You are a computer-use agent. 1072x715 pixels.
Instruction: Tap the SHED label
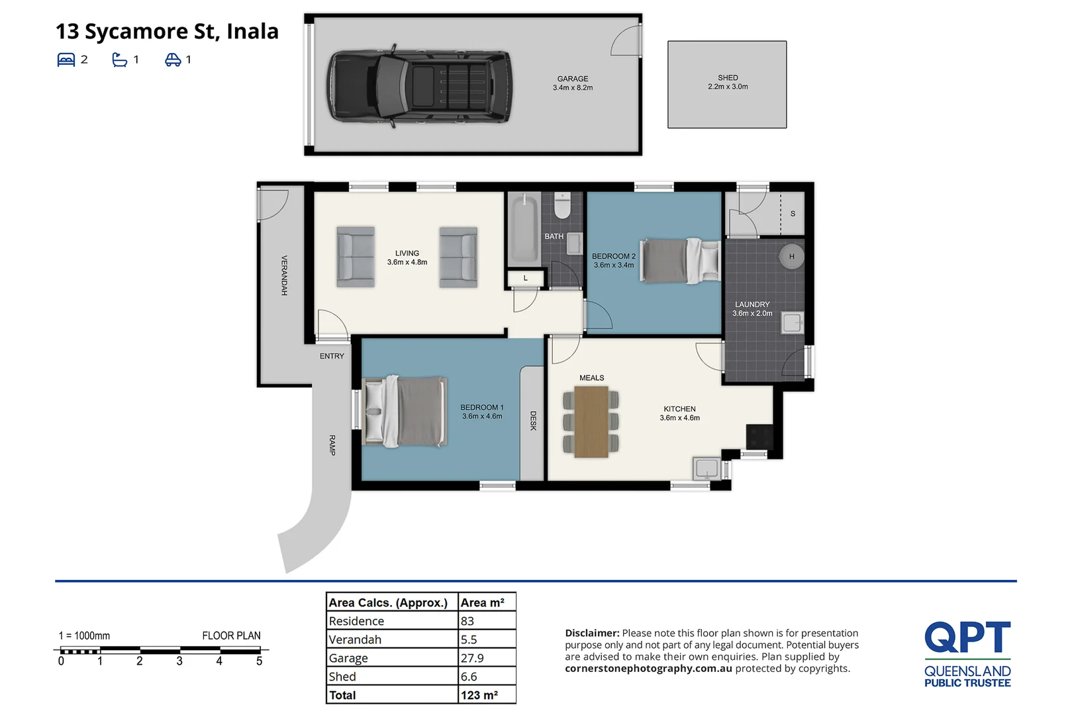coord(727,78)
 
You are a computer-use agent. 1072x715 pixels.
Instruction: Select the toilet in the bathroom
coord(562,206)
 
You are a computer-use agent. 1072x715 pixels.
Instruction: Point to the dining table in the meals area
coord(591,422)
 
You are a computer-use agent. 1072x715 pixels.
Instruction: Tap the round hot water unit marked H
coord(791,256)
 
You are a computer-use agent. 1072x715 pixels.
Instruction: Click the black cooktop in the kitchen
coord(759,436)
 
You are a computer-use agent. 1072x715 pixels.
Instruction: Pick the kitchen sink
coord(707,468)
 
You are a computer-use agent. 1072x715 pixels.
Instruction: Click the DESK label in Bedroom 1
coord(533,421)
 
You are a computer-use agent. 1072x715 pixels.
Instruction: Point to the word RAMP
coord(332,445)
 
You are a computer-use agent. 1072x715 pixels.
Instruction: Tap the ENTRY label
coord(332,356)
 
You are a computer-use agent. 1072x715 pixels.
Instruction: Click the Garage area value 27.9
coord(472,658)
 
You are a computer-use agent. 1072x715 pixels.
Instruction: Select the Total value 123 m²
coord(479,695)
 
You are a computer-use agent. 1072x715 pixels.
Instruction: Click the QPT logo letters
coord(967,638)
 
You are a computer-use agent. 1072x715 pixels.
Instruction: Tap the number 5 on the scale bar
coord(260,661)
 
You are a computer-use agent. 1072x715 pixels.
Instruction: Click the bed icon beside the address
coord(66,60)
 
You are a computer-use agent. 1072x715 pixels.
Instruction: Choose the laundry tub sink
coord(792,323)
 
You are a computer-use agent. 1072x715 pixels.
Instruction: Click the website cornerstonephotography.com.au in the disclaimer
coord(648,669)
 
